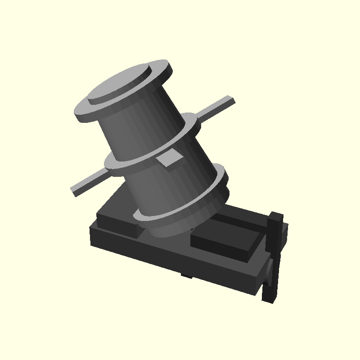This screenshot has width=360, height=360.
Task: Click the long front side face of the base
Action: tap(171, 261)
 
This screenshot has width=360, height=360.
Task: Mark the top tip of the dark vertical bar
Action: tap(276, 215)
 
